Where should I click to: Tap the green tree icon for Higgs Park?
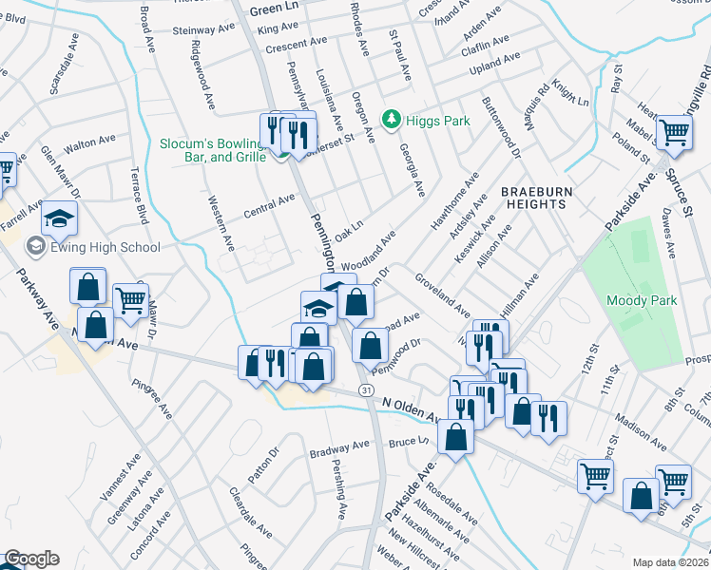(x=390, y=119)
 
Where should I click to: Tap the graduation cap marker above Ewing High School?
(x=59, y=218)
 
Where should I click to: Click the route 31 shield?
(x=366, y=390)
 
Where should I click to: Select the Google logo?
(x=31, y=559)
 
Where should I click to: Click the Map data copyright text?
(x=671, y=561)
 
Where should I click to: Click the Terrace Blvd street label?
(x=137, y=195)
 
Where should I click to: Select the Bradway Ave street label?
(x=339, y=446)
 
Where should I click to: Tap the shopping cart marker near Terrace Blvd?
(x=130, y=300)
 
